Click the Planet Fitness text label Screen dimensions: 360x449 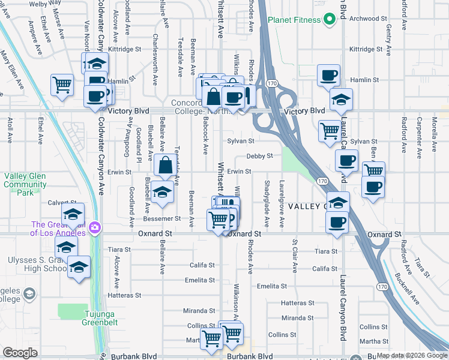pyautogui.click(x=294, y=19)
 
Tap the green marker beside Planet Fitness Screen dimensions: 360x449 pyautogui.click(x=329, y=20)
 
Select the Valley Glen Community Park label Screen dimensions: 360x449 pyautogui.click(x=25, y=184)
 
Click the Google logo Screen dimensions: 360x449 pyautogui.click(x=20, y=353)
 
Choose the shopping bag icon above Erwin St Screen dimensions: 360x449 pyautogui.click(x=165, y=164)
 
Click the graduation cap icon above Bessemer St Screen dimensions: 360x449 pyautogui.click(x=162, y=191)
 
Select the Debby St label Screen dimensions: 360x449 pyautogui.click(x=259, y=155)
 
